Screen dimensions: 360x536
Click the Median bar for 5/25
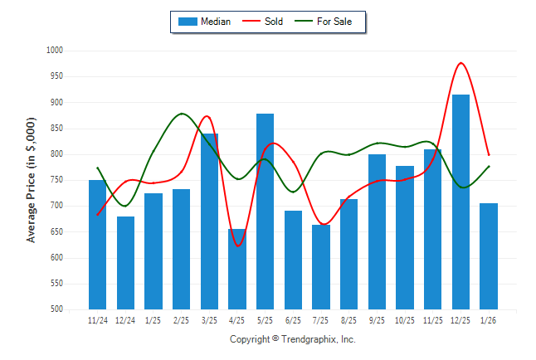pos(266,211)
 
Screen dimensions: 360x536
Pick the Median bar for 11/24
pos(98,244)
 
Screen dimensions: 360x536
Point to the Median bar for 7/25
pos(321,266)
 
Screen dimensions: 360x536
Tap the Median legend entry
pos(206,22)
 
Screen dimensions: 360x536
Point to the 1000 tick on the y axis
pos(55,51)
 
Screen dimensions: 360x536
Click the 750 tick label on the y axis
pos(56,180)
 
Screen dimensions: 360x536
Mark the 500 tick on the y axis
pos(56,309)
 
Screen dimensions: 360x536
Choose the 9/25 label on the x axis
pos(377,319)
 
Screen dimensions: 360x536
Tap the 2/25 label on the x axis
pos(182,319)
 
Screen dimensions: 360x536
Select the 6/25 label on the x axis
pos(293,319)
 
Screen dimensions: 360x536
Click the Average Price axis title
pos(32,180)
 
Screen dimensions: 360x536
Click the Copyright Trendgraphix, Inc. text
pos(292,339)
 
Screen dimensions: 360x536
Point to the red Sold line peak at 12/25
pos(460,63)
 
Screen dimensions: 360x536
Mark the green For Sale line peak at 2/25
pos(183,114)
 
